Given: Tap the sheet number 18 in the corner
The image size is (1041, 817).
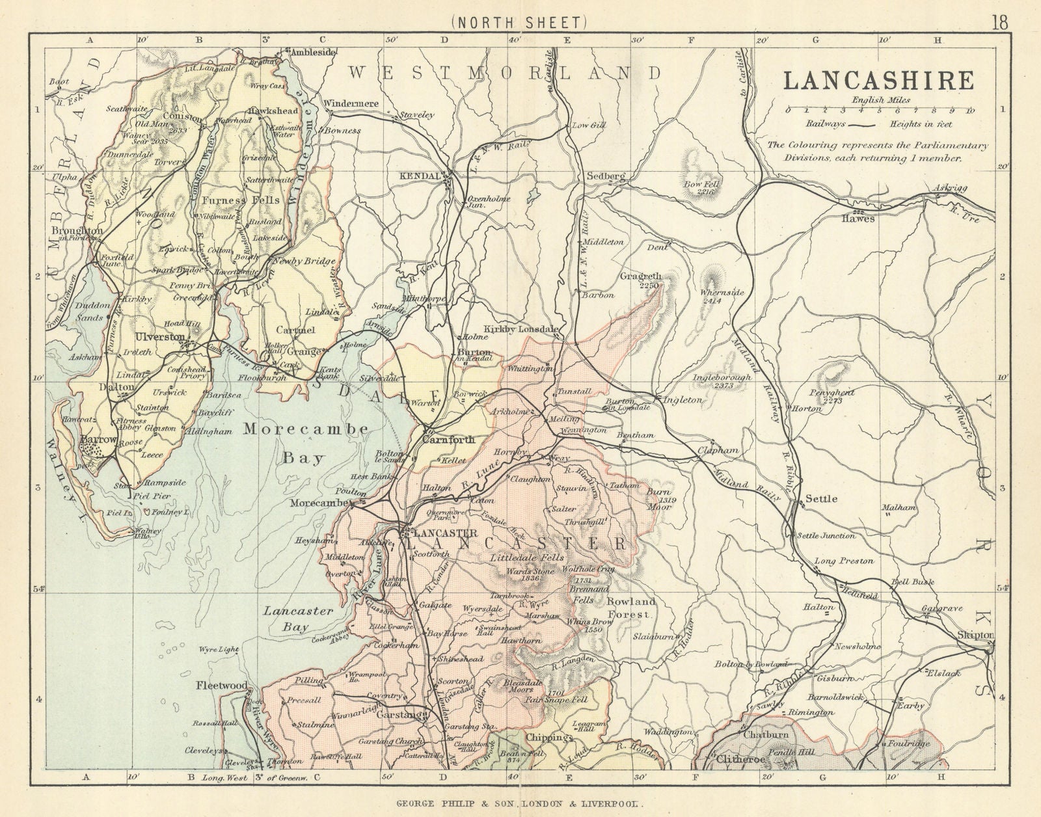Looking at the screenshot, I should point(1000,22).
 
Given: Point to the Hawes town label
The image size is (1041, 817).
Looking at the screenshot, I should point(863,219).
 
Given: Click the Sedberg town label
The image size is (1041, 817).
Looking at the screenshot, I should point(605,176).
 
